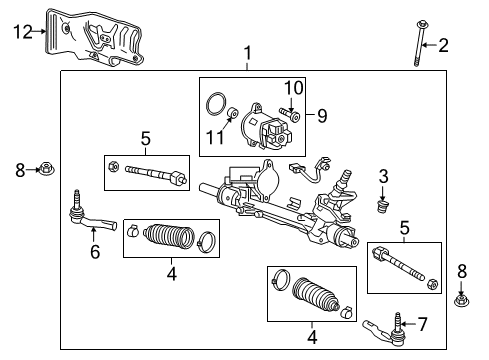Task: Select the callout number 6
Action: coord(95,253)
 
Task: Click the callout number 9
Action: coord(323,116)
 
